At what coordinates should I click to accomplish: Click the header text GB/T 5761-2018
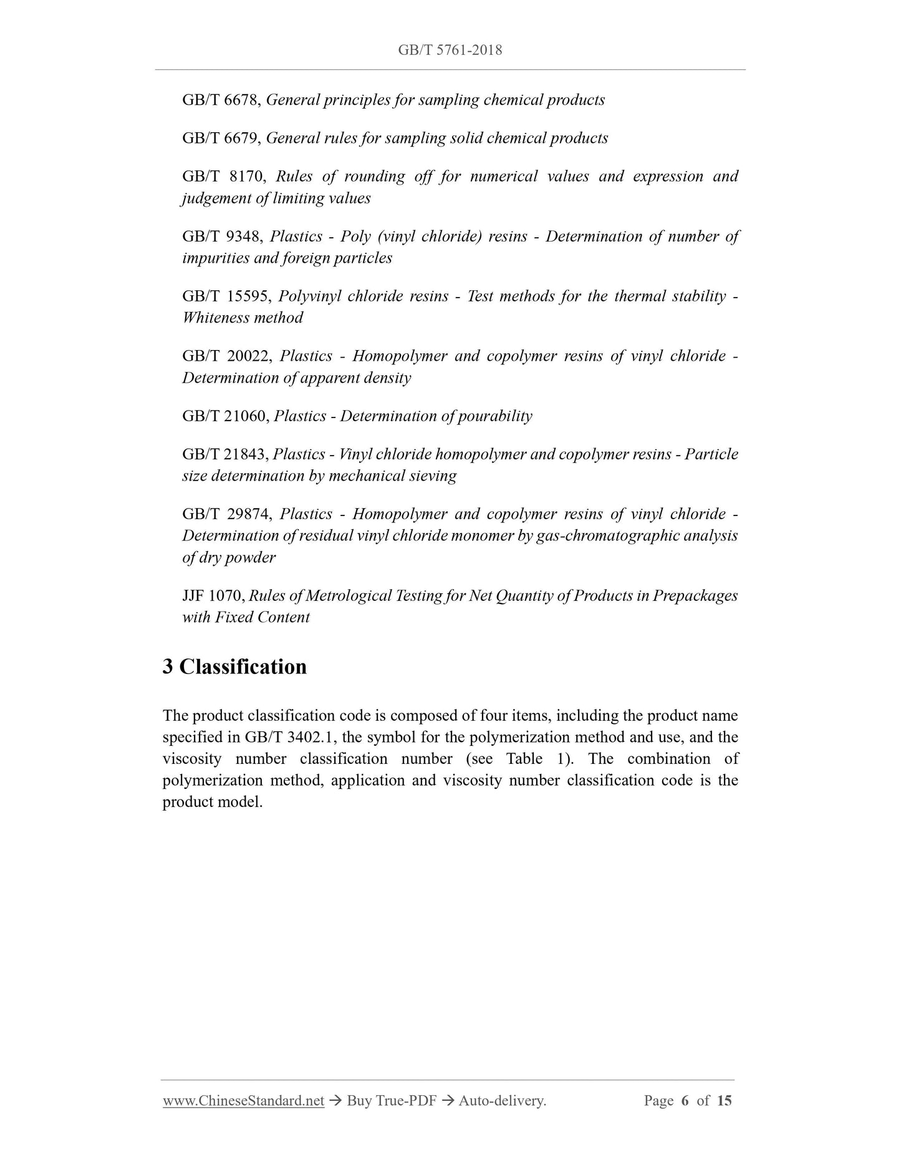(450, 50)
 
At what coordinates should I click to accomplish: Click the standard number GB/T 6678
(219, 100)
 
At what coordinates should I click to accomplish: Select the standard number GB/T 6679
(219, 138)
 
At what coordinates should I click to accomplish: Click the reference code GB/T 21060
(223, 416)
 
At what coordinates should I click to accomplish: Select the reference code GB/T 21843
(223, 454)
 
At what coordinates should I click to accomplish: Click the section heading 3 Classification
(234, 667)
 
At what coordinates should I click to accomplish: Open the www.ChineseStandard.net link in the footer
(243, 1101)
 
